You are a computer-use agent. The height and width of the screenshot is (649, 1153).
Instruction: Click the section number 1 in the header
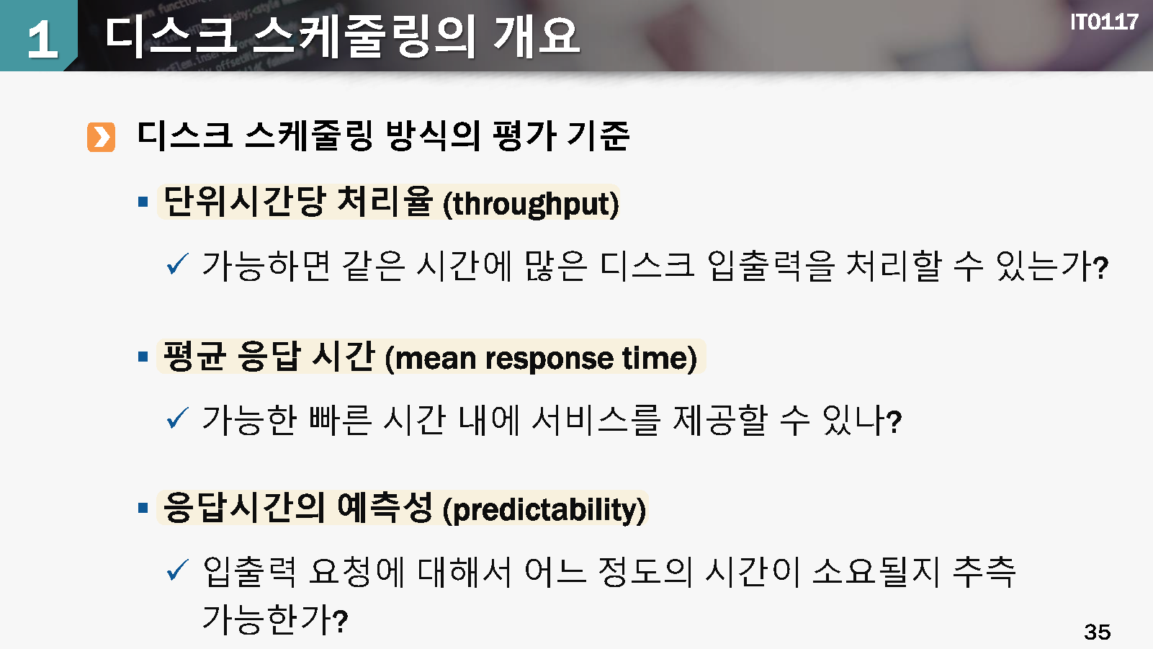pos(42,39)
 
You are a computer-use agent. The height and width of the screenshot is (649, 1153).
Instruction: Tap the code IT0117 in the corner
pos(1104,22)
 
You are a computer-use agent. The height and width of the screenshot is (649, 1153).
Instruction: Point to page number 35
pos(1098,632)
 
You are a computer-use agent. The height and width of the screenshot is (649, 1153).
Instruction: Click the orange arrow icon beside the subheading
pos(101,138)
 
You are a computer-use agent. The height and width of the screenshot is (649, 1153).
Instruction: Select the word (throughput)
pos(531,205)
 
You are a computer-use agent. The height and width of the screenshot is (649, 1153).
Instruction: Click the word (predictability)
pos(544,510)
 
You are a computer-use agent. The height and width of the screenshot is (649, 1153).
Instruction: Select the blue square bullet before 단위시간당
pos(143,202)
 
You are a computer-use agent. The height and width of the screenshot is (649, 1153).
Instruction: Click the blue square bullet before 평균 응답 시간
pos(143,356)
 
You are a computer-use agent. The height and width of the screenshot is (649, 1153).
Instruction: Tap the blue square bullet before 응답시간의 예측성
pos(143,508)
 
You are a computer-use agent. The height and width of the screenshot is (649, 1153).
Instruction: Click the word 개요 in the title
pos(536,36)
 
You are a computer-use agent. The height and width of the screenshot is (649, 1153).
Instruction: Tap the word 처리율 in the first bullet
pos(384,201)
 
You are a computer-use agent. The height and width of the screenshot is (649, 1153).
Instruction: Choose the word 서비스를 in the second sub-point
pos(596,420)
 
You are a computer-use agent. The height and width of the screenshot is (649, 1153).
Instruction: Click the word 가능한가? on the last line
pos(275,619)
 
